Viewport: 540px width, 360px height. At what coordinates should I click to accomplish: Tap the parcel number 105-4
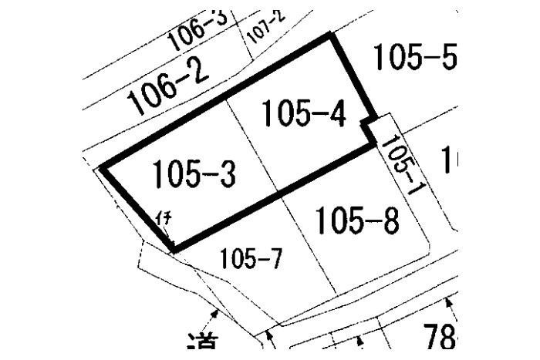(302, 115)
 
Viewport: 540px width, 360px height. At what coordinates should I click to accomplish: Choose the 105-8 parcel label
(357, 222)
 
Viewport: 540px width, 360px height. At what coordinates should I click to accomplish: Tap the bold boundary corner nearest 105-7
(174, 250)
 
